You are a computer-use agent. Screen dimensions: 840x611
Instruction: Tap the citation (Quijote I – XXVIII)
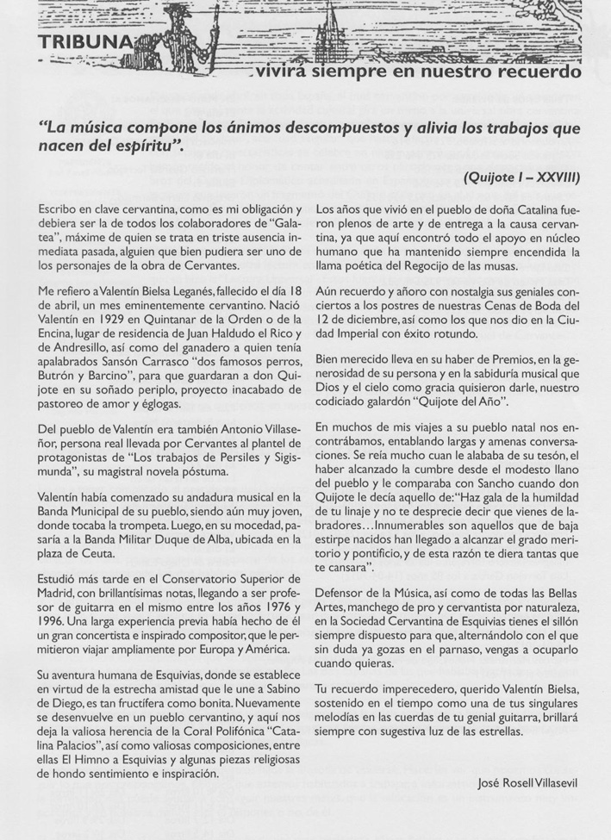[521, 178]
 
